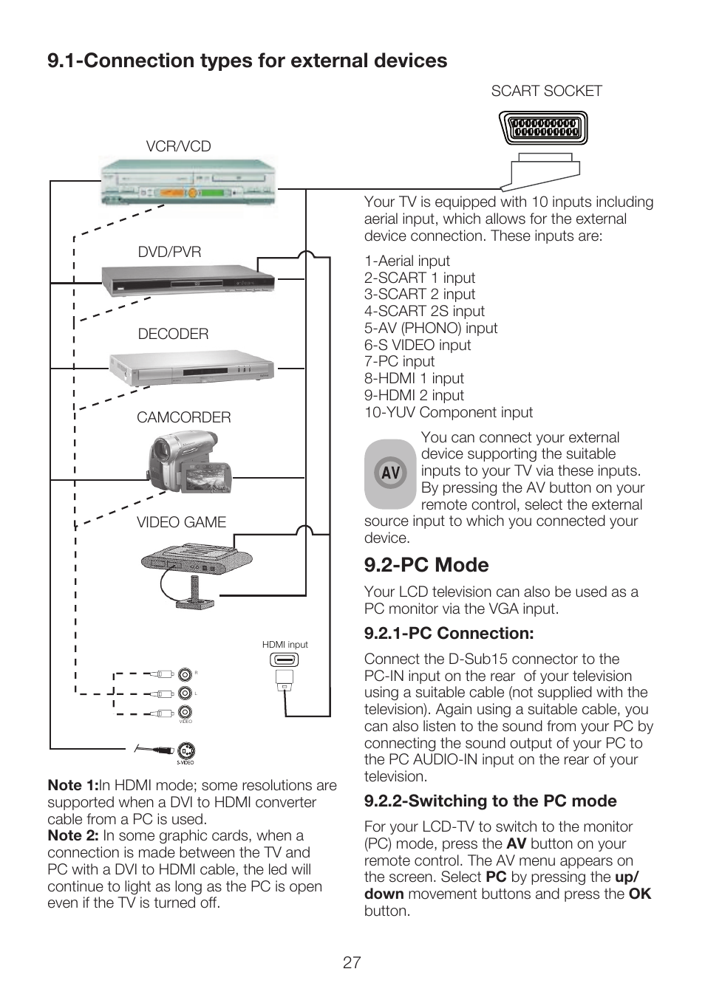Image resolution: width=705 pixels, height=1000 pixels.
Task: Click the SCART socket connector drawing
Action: click(543, 129)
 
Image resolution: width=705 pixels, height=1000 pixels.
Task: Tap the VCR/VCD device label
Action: click(178, 146)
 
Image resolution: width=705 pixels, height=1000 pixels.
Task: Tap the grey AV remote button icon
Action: click(390, 473)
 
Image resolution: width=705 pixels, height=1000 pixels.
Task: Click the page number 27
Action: click(352, 962)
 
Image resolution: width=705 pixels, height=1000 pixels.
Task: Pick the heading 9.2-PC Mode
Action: click(426, 565)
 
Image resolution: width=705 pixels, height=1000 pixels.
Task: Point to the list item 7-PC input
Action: click(399, 361)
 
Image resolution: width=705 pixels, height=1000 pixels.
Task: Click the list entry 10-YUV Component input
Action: click(448, 412)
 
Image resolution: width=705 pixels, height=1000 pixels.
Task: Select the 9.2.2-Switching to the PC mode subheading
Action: click(490, 801)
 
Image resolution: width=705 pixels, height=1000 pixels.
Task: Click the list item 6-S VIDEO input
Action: click(417, 345)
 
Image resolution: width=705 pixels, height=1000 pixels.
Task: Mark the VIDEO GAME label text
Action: click(181, 522)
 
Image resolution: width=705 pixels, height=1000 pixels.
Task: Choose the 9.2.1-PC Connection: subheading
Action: click(449, 634)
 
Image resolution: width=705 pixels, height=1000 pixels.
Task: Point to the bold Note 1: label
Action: click(72, 785)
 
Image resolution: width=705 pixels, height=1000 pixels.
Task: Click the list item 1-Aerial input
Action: click(406, 261)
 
